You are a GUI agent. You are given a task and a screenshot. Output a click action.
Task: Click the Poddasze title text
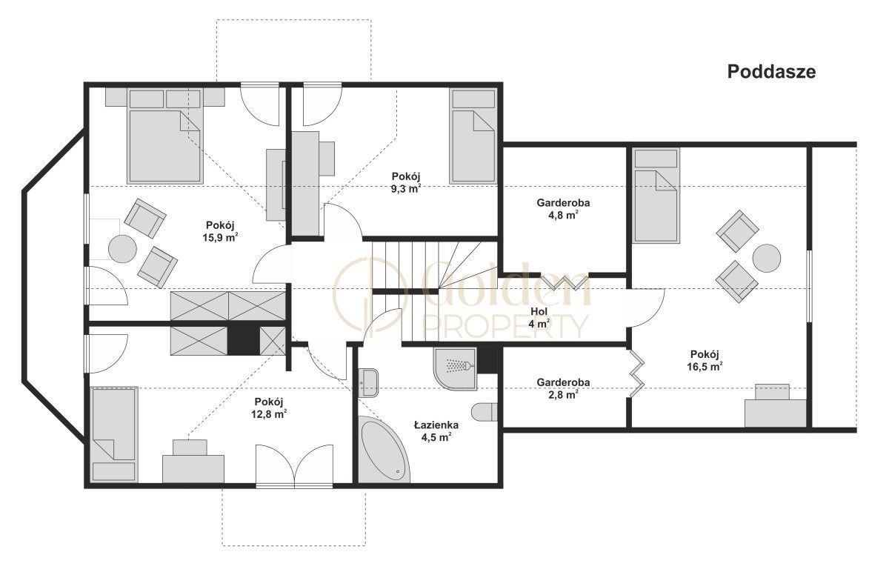[x=771, y=72]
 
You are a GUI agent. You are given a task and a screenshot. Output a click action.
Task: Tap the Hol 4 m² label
[x=539, y=317]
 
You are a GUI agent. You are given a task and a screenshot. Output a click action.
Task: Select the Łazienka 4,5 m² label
[x=436, y=431]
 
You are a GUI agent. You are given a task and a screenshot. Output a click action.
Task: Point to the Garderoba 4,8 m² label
[x=563, y=209]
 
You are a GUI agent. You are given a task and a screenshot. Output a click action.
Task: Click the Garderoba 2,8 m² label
[x=563, y=388]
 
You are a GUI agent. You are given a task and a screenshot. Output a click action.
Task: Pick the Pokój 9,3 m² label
[x=406, y=182]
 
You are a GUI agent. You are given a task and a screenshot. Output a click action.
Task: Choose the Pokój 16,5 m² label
[x=705, y=360]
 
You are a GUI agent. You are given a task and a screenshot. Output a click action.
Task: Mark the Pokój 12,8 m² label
[x=269, y=408]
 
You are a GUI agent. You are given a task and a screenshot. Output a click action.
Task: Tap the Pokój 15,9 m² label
[x=220, y=231]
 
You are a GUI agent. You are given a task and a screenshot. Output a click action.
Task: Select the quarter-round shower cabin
[x=455, y=369]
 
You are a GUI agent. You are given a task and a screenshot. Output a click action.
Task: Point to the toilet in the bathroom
[x=485, y=413]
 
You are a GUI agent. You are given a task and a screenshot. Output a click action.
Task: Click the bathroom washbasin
[x=368, y=383]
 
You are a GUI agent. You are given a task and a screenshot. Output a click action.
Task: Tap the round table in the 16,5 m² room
[x=767, y=259]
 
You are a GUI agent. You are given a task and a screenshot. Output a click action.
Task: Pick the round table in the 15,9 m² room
[x=123, y=249]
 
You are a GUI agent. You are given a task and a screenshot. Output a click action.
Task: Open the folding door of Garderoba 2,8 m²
[x=636, y=373]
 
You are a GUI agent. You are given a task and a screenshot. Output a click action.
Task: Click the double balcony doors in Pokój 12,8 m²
[x=294, y=466]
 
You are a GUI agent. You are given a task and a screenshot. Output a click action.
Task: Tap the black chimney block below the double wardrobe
[x=243, y=340]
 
